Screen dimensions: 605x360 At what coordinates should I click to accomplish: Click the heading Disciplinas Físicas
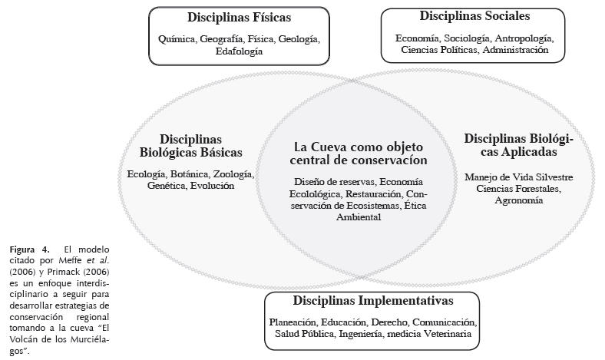239,17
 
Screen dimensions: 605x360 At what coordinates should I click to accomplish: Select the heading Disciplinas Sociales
474,15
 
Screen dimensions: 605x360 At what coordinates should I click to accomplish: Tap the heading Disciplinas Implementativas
372,301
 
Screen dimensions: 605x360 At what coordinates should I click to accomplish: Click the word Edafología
238,51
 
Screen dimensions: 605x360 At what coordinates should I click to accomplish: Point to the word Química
178,38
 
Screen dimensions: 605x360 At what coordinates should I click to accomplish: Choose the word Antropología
524,37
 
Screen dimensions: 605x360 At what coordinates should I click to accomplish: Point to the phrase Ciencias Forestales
518,188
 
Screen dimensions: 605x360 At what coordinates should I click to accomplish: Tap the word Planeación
293,322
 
